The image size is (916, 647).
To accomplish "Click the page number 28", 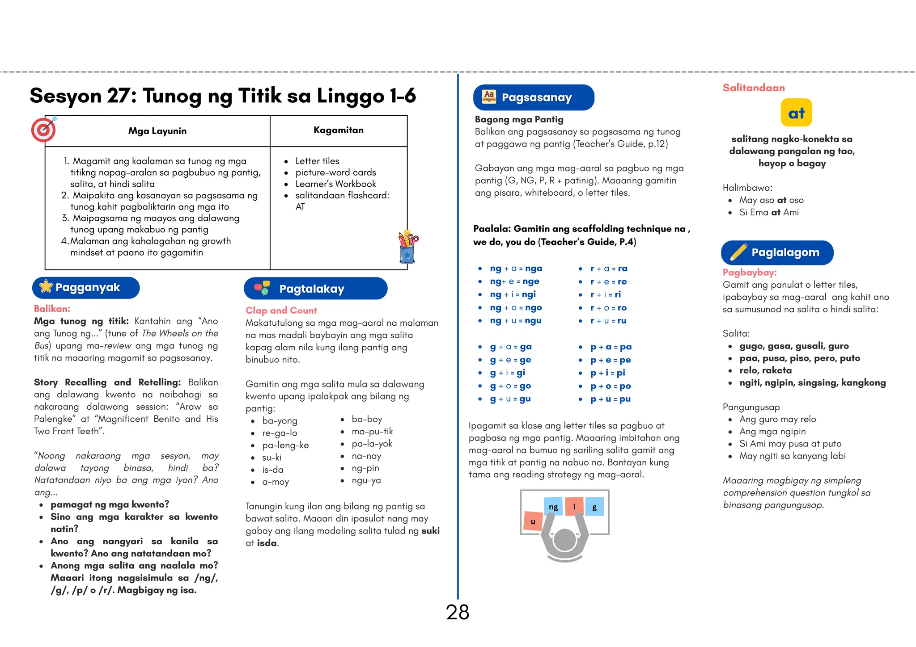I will click(x=457, y=612).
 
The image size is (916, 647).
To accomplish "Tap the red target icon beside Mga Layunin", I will click(x=43, y=130).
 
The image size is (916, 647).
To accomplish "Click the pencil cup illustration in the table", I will click(x=407, y=247).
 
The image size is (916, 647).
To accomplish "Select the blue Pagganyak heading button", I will click(x=86, y=288).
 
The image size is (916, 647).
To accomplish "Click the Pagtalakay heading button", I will click(x=315, y=289).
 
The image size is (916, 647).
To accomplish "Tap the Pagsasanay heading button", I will click(x=533, y=97).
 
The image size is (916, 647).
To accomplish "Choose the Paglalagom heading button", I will click(x=777, y=252).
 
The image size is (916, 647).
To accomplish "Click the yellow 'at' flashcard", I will click(x=796, y=113).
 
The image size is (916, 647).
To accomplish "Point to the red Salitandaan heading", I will click(x=754, y=88).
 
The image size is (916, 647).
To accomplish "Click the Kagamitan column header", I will click(x=338, y=130).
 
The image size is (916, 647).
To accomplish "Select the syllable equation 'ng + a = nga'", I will click(x=516, y=269).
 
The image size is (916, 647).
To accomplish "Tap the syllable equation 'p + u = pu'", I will click(x=610, y=399).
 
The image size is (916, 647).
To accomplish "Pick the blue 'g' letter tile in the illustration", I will click(x=594, y=507).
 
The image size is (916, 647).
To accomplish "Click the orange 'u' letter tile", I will click(x=533, y=521).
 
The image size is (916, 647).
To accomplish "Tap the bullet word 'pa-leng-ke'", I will click(x=285, y=445).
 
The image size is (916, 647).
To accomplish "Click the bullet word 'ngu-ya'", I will click(x=366, y=480).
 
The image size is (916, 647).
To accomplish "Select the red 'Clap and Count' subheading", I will click(x=281, y=311).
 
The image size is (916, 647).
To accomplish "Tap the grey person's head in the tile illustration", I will click(x=564, y=541).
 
